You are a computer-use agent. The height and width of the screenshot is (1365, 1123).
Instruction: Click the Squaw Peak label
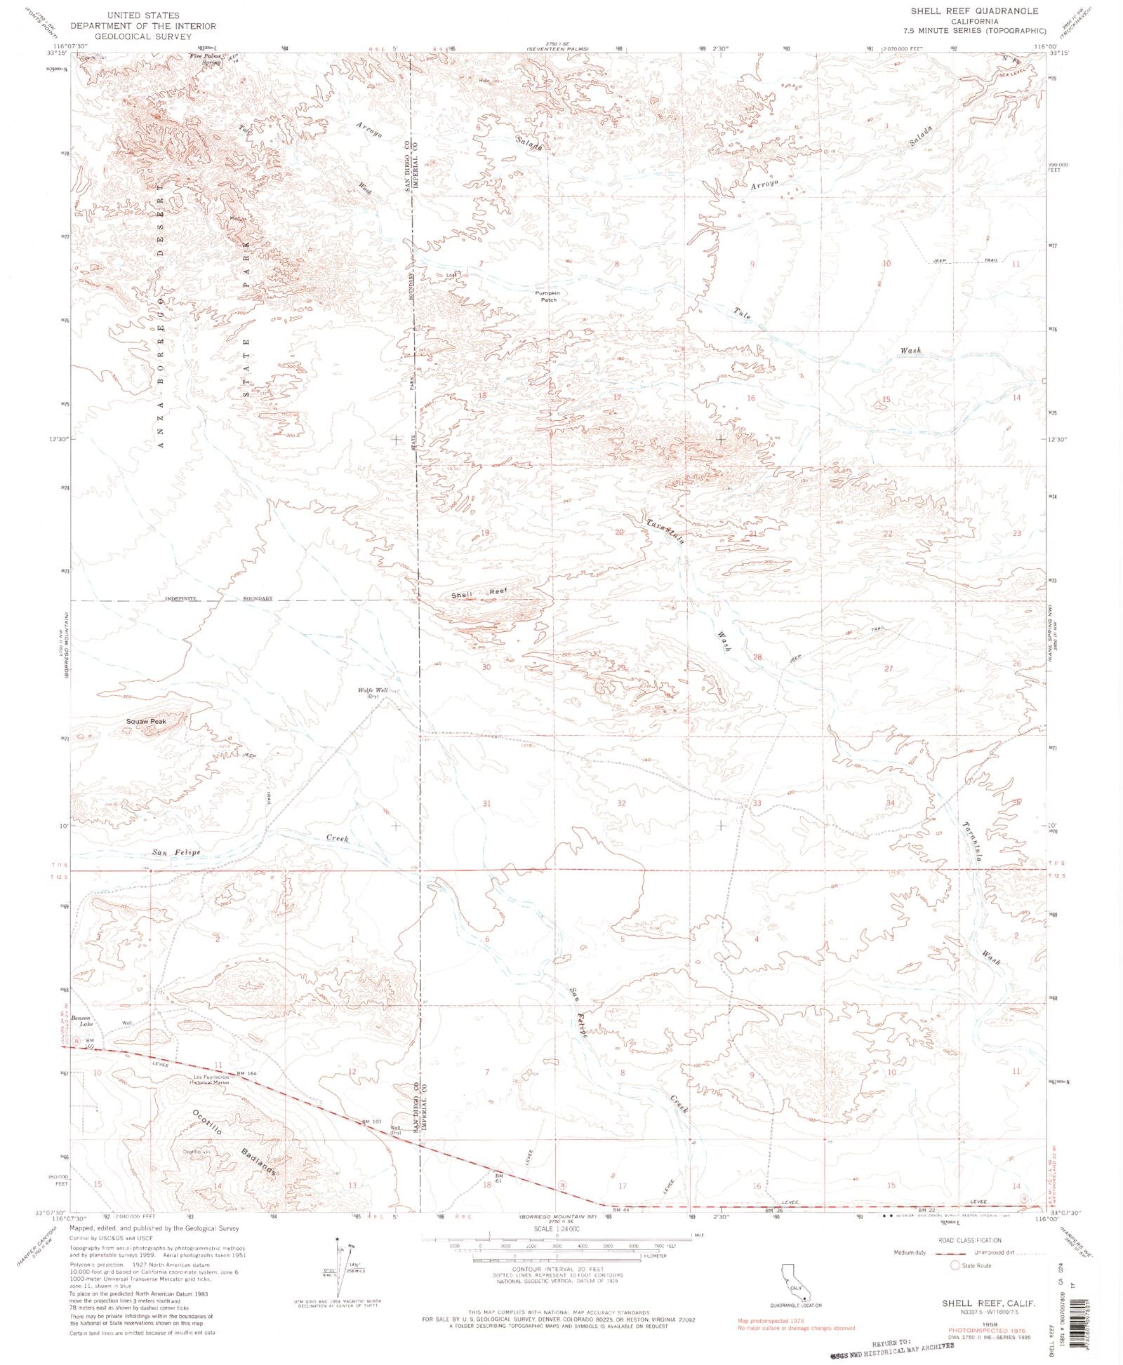(145, 721)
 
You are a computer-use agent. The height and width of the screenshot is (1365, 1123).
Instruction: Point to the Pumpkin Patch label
(548, 296)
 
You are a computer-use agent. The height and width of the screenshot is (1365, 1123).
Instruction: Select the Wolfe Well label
(373, 691)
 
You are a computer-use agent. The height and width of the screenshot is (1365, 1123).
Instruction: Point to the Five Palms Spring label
(204, 59)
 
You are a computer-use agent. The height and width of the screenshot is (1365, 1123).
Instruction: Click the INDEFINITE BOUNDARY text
(219, 598)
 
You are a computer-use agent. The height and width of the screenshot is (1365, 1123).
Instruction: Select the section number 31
(486, 803)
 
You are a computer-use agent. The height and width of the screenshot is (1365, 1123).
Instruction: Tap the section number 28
(757, 657)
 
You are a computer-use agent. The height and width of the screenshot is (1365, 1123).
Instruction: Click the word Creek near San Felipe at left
(337, 838)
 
